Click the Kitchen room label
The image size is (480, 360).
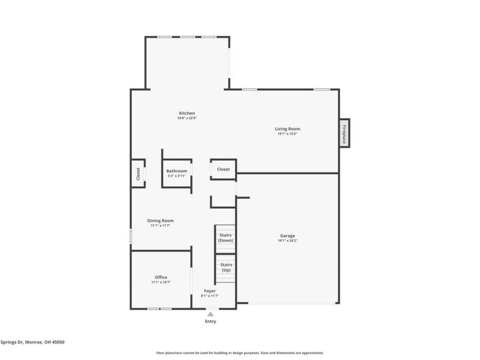187,113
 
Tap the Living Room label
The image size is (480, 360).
287,129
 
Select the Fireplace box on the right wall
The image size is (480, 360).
344,133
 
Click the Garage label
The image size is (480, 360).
287,236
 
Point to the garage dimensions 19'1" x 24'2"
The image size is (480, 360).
287,241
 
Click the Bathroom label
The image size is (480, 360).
176,171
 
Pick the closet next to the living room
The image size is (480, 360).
223,169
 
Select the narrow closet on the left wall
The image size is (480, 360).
138,173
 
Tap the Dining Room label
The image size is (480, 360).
160,220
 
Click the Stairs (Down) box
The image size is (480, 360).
226,238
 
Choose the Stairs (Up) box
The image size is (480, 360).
226,267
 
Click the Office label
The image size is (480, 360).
161,277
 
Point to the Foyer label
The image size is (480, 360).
210,291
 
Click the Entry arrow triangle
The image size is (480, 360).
210,313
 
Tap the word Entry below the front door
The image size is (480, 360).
210,321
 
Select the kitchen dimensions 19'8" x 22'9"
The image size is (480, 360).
187,119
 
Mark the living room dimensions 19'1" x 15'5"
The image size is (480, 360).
287,134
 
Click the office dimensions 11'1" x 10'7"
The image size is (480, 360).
161,283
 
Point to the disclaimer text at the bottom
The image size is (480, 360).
240,353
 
